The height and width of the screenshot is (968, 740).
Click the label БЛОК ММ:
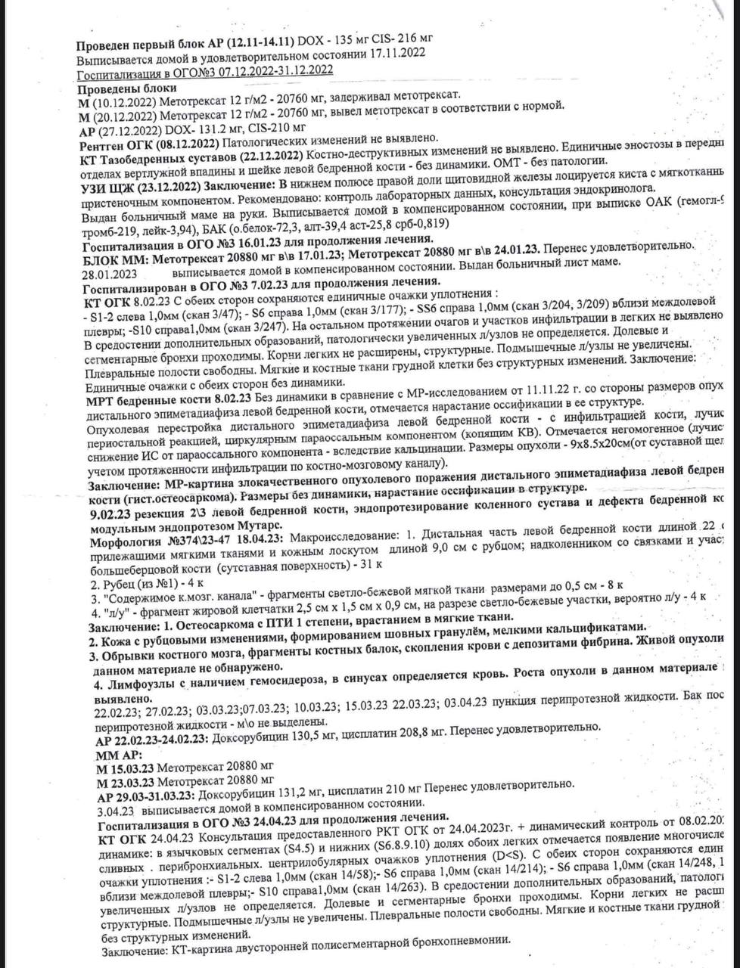coord(123,256)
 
